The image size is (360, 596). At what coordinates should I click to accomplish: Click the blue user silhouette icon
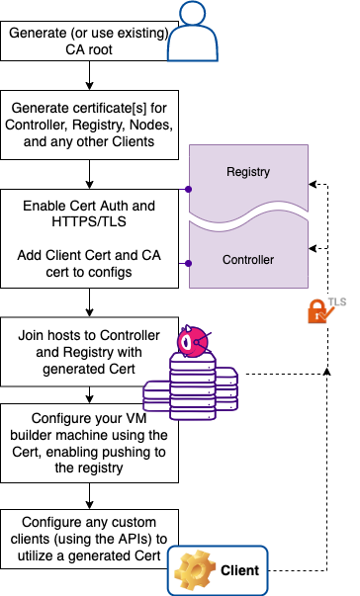(193, 32)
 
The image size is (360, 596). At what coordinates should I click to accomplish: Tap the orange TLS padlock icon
(318, 311)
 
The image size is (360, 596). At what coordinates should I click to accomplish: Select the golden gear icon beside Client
(195, 570)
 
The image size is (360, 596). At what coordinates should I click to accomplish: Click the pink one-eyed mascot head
(193, 341)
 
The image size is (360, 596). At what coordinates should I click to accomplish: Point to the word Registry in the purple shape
(248, 172)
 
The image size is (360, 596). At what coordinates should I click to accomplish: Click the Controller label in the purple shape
(248, 260)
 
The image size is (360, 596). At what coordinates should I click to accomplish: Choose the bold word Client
(240, 570)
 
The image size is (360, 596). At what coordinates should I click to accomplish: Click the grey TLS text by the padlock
(337, 301)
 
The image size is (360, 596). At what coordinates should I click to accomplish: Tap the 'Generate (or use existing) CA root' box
(89, 42)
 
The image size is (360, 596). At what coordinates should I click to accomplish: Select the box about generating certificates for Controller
(89, 125)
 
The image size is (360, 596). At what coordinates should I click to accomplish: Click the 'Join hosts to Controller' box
(89, 352)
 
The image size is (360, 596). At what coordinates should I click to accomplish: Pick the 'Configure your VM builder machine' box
(89, 443)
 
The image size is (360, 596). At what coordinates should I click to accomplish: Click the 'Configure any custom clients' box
(89, 539)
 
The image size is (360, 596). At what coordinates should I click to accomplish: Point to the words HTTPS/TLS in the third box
(89, 221)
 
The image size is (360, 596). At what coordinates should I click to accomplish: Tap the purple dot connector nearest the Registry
(188, 190)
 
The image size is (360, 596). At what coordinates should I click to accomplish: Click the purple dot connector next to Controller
(188, 263)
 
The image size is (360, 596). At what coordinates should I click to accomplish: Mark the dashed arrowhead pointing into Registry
(313, 185)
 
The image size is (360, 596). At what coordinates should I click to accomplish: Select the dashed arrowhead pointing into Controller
(313, 248)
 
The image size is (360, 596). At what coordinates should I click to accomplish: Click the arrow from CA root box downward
(89, 75)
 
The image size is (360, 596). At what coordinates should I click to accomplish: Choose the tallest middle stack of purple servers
(193, 386)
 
